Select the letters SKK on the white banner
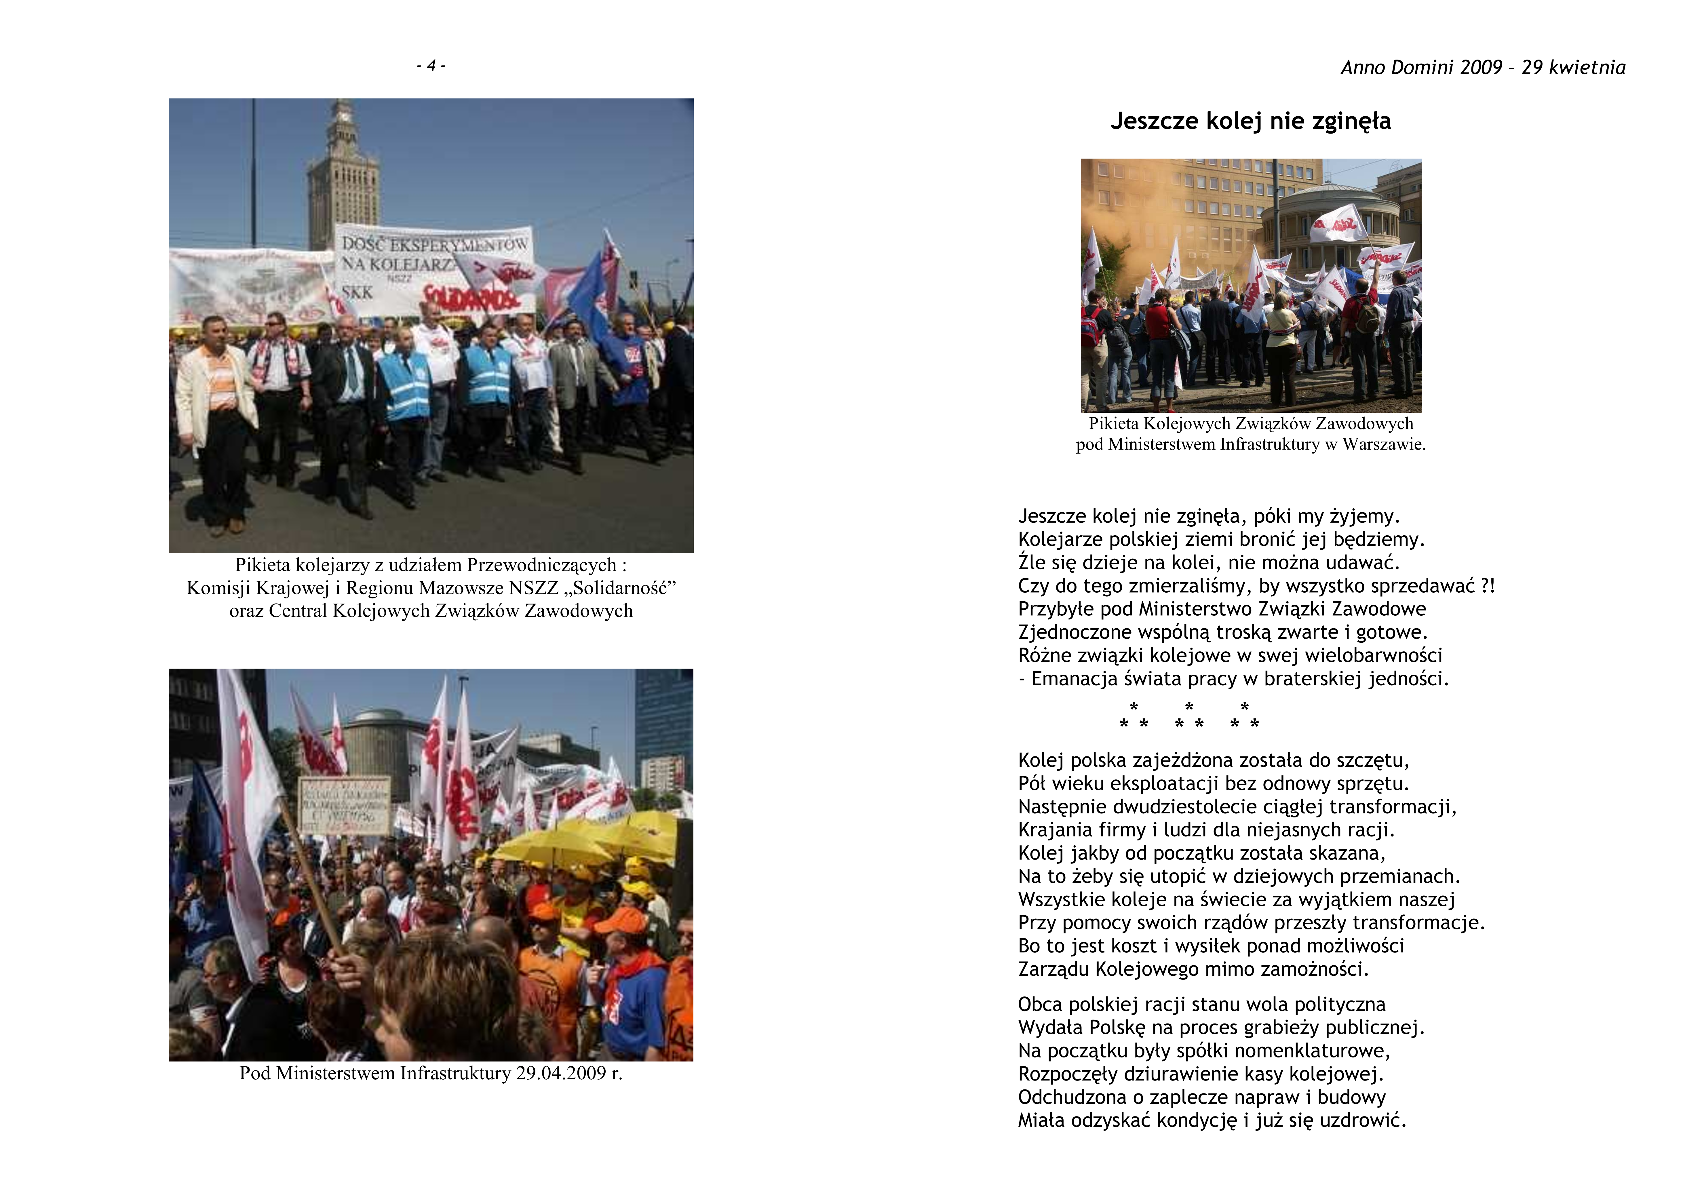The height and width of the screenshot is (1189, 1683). tap(357, 292)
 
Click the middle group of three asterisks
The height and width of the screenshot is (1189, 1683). tap(1189, 717)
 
